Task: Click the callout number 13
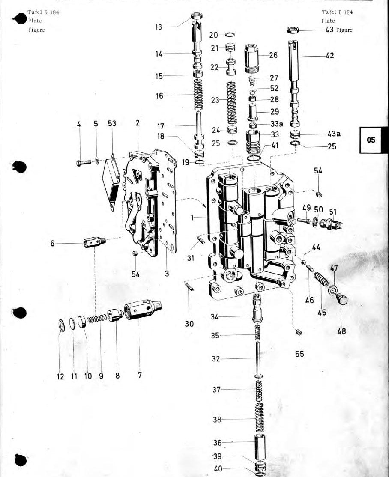(x=159, y=27)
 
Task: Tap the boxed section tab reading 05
(x=371, y=140)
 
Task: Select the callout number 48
(x=342, y=331)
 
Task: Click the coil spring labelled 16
(x=198, y=95)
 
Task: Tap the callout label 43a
(x=334, y=134)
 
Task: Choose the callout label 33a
(x=277, y=123)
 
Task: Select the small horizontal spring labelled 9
(x=97, y=319)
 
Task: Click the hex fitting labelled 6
(x=94, y=242)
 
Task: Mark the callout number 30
(x=189, y=324)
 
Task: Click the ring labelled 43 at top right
(x=293, y=30)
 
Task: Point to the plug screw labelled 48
(x=343, y=299)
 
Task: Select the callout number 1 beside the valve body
(x=192, y=217)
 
